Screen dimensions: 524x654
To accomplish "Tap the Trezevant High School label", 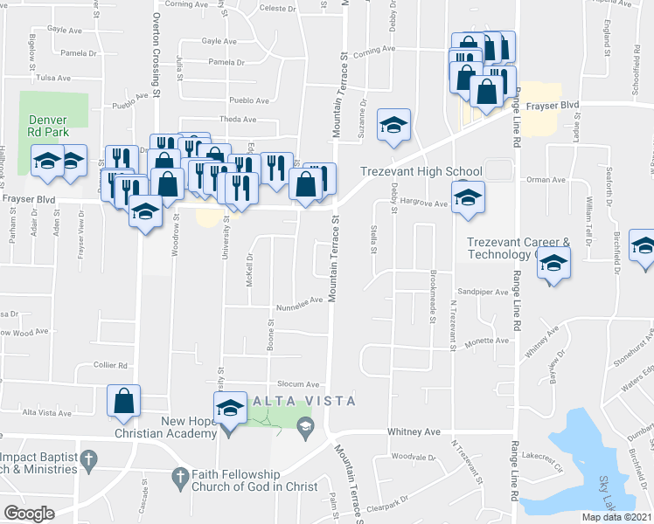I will click(422, 172).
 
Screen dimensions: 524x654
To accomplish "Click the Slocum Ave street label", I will click(298, 384).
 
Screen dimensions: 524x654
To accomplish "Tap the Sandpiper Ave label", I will click(483, 292).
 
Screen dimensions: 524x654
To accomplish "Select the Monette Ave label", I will click(487, 342).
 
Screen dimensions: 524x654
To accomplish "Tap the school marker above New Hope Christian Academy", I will click(229, 407).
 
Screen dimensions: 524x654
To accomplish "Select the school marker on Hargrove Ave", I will click(468, 196).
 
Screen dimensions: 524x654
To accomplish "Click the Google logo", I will click(29, 514).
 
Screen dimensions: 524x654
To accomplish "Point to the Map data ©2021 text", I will click(616, 517).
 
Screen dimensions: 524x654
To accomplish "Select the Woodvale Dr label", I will click(414, 457).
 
